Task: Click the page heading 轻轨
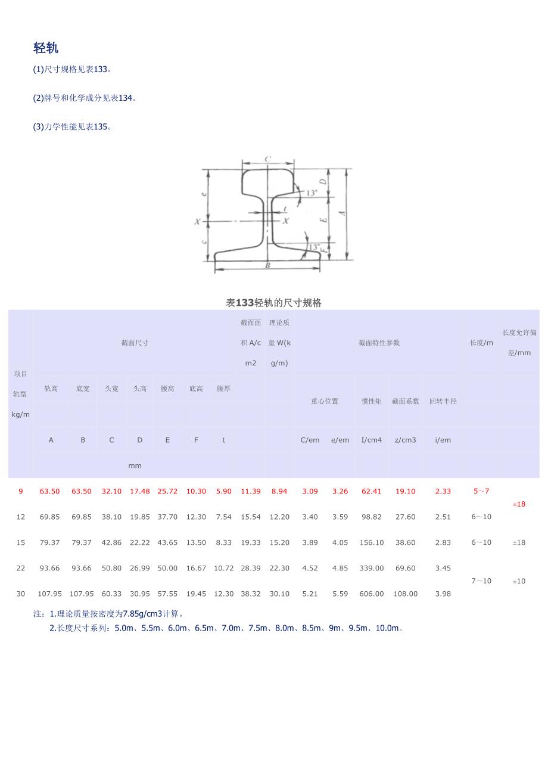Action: (x=46, y=48)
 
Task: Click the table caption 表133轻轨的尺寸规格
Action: (x=273, y=303)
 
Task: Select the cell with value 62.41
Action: (x=371, y=491)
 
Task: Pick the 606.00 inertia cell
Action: (x=371, y=594)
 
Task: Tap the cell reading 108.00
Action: (x=405, y=594)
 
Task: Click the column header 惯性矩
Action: (x=371, y=401)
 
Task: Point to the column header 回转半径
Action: (x=443, y=401)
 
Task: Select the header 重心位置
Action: (x=325, y=401)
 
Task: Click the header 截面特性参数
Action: (x=379, y=343)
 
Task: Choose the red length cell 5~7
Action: (x=481, y=491)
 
